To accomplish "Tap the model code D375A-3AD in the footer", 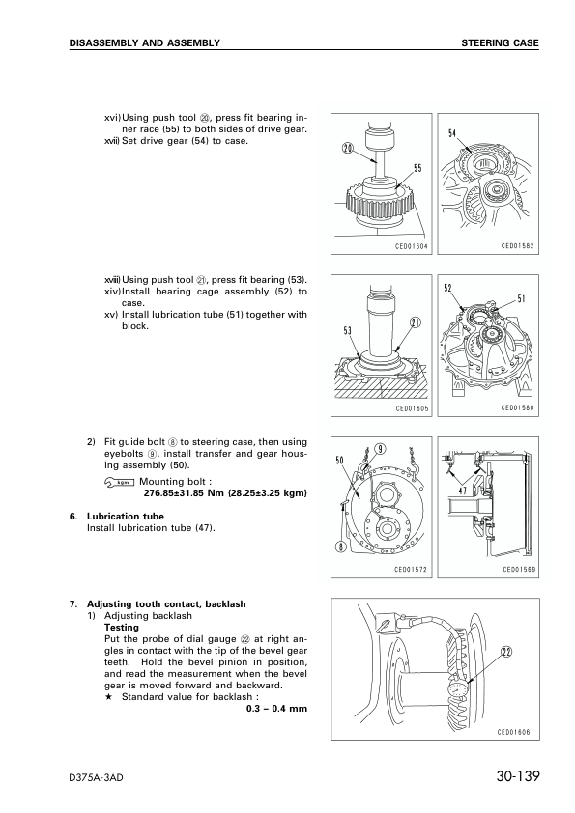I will pos(101,778).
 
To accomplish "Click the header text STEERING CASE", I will pos(500,43).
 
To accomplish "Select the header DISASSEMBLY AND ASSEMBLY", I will pos(144,43).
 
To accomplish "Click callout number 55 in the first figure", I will pos(417,169).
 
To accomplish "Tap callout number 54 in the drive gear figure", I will pos(452,133).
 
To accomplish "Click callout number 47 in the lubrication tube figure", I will pos(463,491).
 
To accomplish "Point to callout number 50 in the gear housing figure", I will pos(340,461).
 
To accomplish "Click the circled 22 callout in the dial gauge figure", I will pos(505,652).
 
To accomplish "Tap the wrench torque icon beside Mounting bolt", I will pos(118,482).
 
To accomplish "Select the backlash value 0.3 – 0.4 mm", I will pos(276,709).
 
